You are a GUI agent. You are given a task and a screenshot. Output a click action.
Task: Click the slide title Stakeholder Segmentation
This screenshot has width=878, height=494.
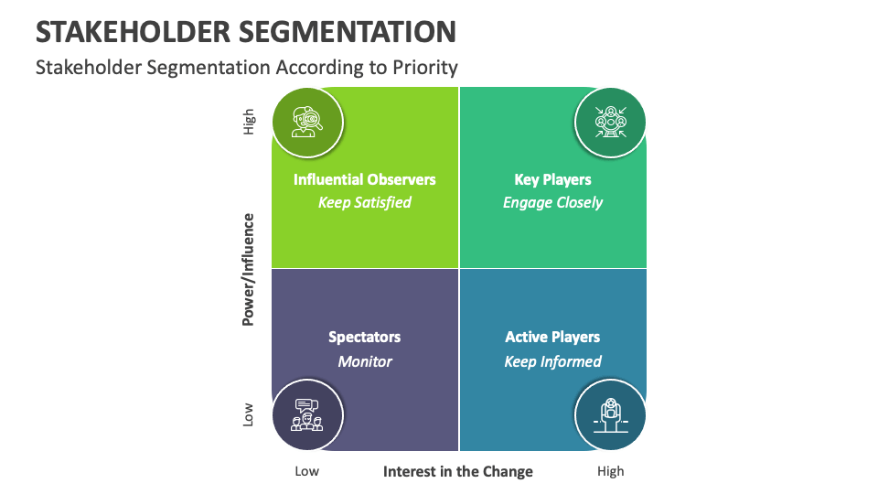[x=245, y=31]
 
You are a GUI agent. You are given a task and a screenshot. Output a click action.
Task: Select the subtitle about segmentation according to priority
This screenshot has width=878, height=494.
[x=246, y=67]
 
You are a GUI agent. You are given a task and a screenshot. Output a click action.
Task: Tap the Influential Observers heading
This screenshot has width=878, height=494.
[x=364, y=179]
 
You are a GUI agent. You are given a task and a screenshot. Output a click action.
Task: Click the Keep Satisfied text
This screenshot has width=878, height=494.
[x=364, y=202]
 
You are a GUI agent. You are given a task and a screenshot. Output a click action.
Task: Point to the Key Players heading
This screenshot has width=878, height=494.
[x=552, y=179]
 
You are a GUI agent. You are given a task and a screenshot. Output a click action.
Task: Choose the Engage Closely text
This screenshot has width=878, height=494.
[x=552, y=202]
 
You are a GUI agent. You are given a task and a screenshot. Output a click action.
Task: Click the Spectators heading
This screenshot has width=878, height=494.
[x=364, y=337]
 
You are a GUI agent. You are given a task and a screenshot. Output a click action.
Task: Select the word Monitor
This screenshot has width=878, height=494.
[x=364, y=361]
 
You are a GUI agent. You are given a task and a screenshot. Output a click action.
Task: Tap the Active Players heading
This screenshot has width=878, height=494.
[x=552, y=337]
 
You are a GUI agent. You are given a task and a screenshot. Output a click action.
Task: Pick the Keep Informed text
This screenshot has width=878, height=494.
[x=552, y=361]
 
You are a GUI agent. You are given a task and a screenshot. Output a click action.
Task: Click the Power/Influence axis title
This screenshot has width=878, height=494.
[x=248, y=269]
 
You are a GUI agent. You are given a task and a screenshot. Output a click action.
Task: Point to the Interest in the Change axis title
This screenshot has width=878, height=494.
[x=457, y=471]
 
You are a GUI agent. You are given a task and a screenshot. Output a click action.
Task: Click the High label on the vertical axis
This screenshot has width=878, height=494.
[x=249, y=122]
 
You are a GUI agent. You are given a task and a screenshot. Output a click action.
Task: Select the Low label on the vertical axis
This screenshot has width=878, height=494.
[x=249, y=414]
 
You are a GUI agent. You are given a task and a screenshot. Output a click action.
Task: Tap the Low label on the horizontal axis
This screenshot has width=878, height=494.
[x=307, y=471]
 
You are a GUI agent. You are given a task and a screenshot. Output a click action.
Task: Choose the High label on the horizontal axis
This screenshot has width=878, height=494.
[x=610, y=471]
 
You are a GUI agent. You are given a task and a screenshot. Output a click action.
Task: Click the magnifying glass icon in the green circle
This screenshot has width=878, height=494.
[x=307, y=122]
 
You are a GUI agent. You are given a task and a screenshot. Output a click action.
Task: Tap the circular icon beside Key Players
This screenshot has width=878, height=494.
[x=610, y=122]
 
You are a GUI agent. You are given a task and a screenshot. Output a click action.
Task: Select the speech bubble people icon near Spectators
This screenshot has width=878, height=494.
[x=307, y=414]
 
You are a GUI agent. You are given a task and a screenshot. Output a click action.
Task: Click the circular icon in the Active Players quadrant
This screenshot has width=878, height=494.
[x=610, y=414]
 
